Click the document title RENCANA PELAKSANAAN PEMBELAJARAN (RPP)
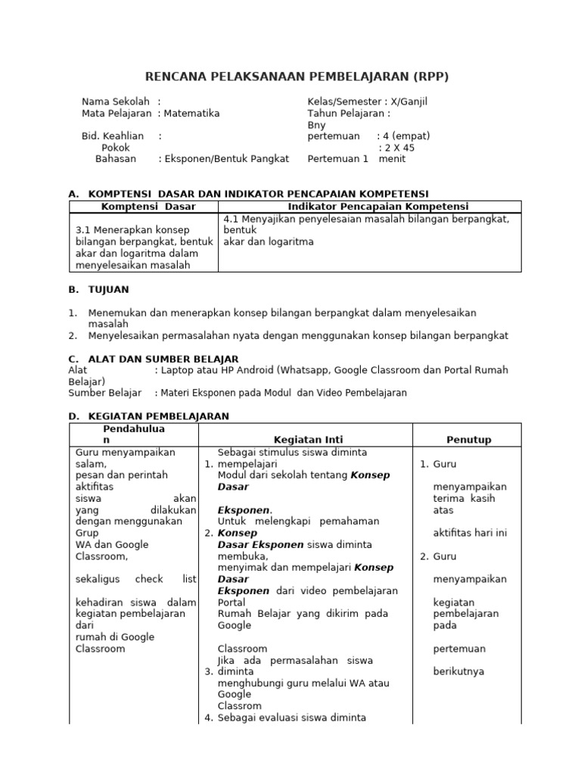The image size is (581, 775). [x=297, y=77]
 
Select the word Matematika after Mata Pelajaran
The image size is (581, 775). [x=191, y=114]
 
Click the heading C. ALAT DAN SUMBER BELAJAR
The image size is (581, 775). [x=154, y=359]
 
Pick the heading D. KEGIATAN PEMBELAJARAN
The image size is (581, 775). [x=148, y=416]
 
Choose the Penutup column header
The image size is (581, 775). [x=469, y=440]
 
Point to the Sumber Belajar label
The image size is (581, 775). [x=105, y=394]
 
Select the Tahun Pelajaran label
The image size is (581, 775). [x=346, y=114]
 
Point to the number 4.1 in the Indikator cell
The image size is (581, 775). [x=230, y=219]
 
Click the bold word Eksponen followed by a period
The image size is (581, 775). [x=244, y=510]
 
